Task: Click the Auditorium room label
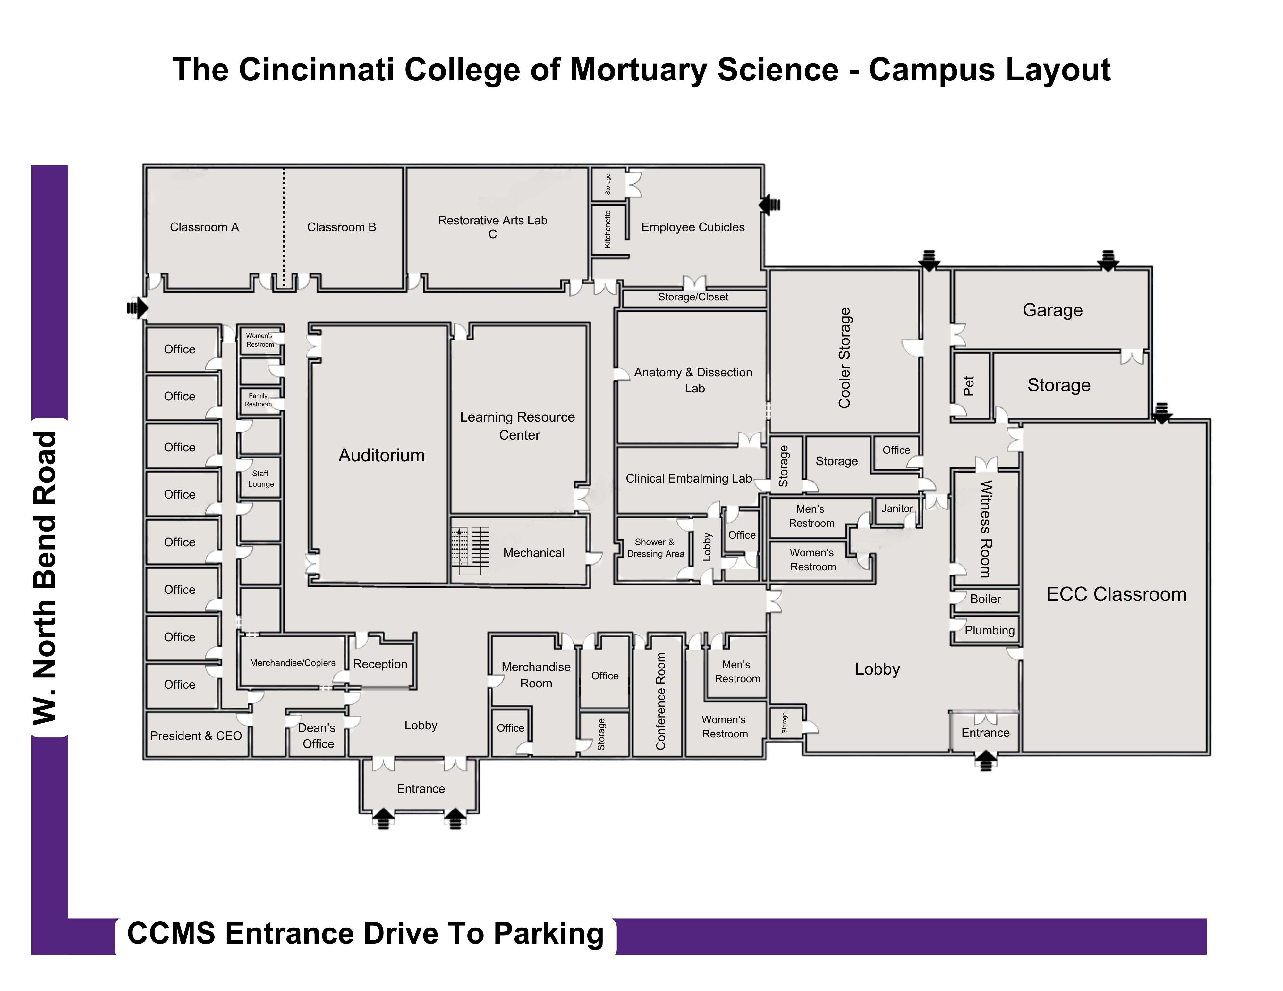(x=381, y=456)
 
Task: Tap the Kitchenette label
(x=608, y=229)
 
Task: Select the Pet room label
(x=969, y=386)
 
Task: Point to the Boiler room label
(x=985, y=599)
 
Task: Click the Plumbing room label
(x=989, y=631)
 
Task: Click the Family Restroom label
(x=258, y=400)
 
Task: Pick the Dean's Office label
(x=317, y=735)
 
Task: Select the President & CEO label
(x=196, y=735)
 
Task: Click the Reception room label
(x=380, y=664)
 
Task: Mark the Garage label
(x=1052, y=310)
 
